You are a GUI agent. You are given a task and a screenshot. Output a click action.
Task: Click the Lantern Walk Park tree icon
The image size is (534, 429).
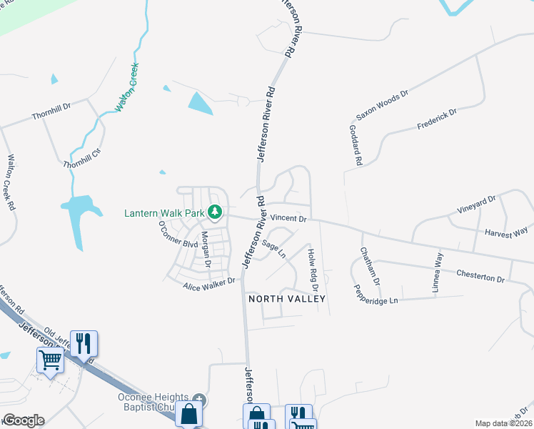click(x=214, y=212)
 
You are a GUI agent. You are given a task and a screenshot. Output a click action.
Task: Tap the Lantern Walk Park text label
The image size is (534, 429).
click(x=164, y=212)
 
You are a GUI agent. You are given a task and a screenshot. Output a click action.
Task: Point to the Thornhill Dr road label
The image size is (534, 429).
click(x=51, y=114)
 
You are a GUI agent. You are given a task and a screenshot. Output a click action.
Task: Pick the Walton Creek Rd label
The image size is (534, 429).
click(x=11, y=182)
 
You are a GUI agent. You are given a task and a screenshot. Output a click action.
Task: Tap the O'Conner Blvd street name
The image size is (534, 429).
click(x=178, y=234)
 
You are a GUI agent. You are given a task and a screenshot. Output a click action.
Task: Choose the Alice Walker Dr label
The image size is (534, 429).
click(x=208, y=282)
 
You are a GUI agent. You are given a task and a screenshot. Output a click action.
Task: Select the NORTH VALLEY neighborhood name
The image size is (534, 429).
click(x=286, y=299)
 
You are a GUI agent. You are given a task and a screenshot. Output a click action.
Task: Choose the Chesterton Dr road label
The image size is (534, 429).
click(x=480, y=276)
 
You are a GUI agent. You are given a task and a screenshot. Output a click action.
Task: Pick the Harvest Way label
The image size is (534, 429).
click(x=505, y=231)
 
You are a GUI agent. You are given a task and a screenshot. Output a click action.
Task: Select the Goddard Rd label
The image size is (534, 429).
click(x=353, y=145)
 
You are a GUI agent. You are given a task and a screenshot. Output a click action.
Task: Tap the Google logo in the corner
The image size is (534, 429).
click(x=23, y=420)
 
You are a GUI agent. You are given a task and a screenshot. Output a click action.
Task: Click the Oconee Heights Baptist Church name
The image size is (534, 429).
click(x=153, y=402)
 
